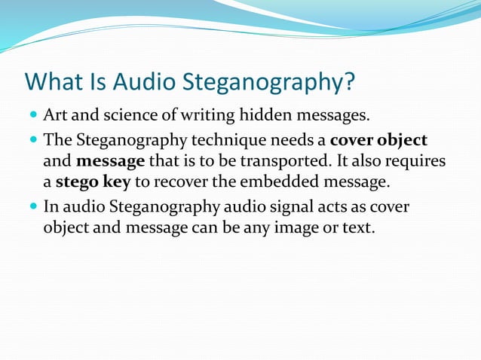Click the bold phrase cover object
click(x=378, y=141)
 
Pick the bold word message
click(x=110, y=161)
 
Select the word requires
click(x=413, y=161)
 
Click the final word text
click(x=359, y=227)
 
